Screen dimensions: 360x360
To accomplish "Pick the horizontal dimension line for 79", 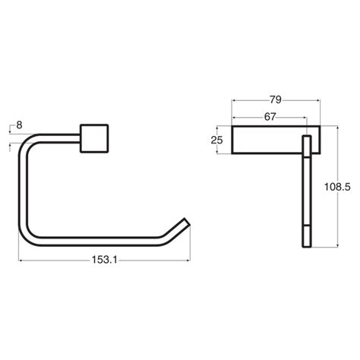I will pos(251,99).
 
